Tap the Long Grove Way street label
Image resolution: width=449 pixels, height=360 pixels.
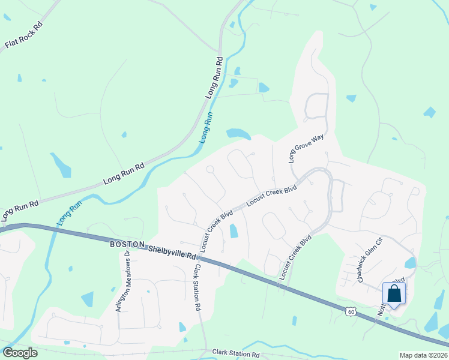(x=298, y=148)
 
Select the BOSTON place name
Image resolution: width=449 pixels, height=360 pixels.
(x=128, y=244)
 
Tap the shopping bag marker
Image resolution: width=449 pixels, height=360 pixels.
(x=394, y=294)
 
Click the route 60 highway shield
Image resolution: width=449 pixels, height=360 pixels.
(x=351, y=311)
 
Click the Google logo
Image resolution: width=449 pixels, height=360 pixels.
(x=19, y=352)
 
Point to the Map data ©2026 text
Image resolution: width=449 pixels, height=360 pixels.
(x=423, y=355)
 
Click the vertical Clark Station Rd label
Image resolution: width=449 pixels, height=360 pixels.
(x=196, y=288)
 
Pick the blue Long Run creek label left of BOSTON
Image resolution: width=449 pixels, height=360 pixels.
(x=69, y=214)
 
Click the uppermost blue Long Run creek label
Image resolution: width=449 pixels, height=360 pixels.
(x=206, y=127)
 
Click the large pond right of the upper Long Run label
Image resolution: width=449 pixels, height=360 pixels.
(x=238, y=133)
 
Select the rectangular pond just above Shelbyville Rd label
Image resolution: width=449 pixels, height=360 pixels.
(x=234, y=230)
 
